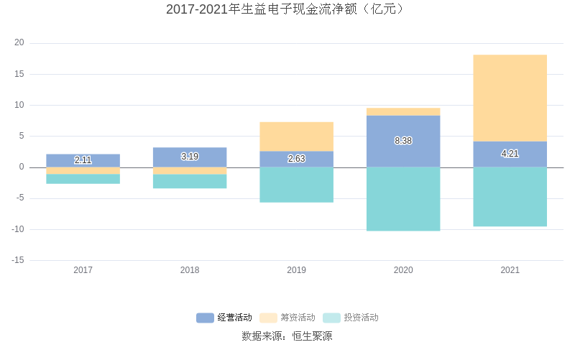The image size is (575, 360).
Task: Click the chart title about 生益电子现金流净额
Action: [287, 9]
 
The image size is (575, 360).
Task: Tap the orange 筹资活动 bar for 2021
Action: [510, 98]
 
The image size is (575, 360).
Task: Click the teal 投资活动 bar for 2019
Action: [296, 185]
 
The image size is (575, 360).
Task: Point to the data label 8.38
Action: [403, 141]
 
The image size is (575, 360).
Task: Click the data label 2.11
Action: [83, 160]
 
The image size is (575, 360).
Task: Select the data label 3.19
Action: [190, 157]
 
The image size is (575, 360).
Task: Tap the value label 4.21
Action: [510, 154]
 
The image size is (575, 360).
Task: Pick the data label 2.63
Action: [296, 159]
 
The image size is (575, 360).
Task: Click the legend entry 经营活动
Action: [224, 318]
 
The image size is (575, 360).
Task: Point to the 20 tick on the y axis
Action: [19, 43]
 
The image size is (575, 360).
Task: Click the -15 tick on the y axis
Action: [17, 260]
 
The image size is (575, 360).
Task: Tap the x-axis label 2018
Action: [190, 270]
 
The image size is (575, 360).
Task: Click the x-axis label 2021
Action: [510, 270]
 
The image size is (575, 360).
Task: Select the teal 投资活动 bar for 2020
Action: [403, 199]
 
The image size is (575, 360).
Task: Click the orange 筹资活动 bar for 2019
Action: [296, 137]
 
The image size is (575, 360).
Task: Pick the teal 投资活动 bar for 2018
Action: [190, 181]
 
